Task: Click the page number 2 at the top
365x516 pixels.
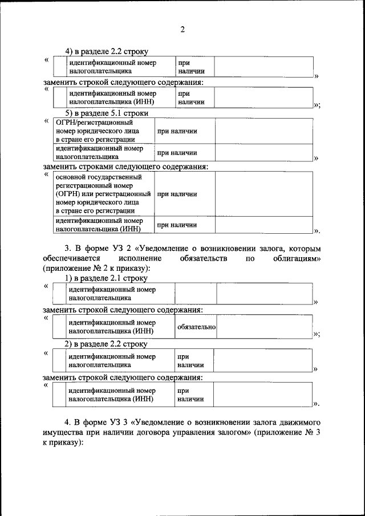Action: [x=182, y=30]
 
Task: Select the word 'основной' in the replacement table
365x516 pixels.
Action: [x=71, y=177]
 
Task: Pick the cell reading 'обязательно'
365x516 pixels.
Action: [x=196, y=327]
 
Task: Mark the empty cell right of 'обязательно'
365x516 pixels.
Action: [x=264, y=327]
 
